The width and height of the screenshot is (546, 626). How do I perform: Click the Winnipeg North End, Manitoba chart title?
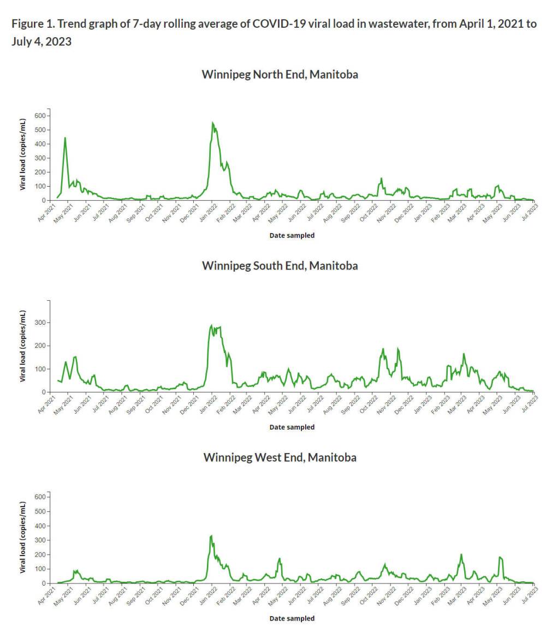click(x=280, y=74)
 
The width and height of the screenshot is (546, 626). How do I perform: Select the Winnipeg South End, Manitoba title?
click(x=280, y=266)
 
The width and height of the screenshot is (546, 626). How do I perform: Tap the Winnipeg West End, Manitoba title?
click(x=280, y=457)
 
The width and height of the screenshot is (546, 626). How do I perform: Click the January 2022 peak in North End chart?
click(x=213, y=123)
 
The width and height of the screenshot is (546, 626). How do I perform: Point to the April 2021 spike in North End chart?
click(x=65, y=138)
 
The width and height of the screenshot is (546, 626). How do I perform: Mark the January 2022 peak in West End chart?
click(x=211, y=536)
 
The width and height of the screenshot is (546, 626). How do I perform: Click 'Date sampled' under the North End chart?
click(x=292, y=236)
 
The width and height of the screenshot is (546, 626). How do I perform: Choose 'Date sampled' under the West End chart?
click(x=292, y=619)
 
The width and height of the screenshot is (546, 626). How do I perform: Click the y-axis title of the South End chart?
click(x=23, y=346)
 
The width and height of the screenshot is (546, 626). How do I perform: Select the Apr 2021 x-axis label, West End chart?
click(x=48, y=593)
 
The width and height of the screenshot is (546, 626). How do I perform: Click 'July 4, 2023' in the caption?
click(x=41, y=41)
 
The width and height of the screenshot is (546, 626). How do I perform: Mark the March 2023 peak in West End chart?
click(x=461, y=555)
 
